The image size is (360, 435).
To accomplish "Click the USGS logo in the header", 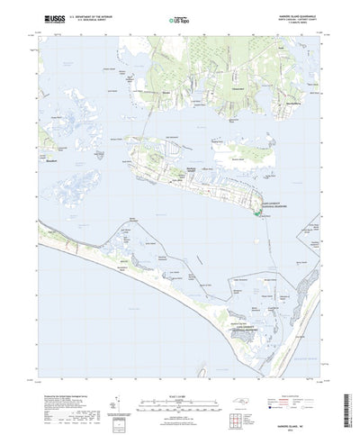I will tap(44, 17).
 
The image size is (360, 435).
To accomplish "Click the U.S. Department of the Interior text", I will tap(85, 14).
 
